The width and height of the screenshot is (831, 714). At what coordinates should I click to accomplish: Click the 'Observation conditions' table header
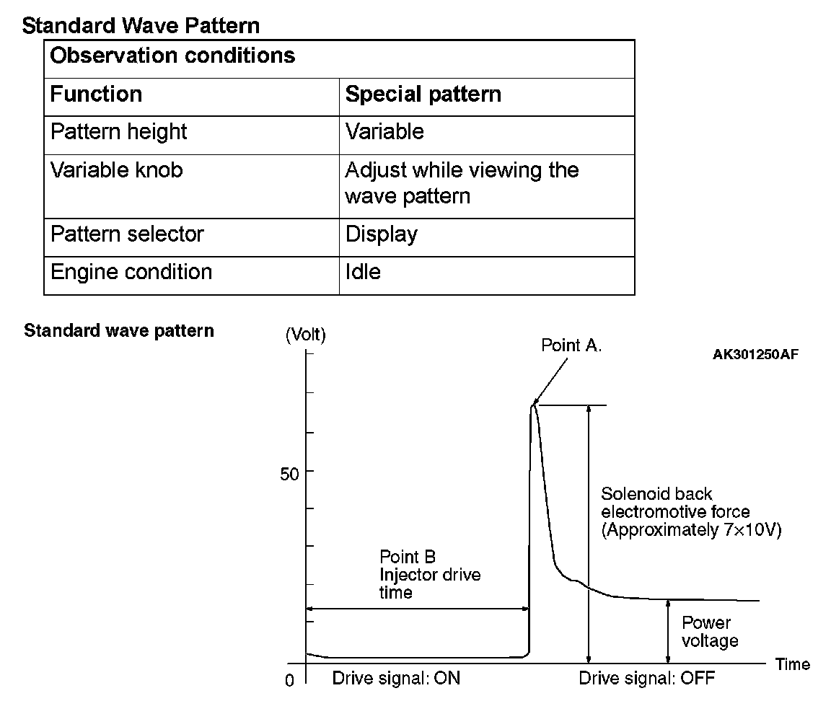pyautogui.click(x=173, y=56)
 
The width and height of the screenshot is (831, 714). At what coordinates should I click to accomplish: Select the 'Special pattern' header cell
pyautogui.click(x=423, y=94)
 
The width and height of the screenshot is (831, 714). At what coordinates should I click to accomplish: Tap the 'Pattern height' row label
pyautogui.click(x=118, y=132)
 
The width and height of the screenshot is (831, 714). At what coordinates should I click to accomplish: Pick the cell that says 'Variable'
pyautogui.click(x=384, y=132)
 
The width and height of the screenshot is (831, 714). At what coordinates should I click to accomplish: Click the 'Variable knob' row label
pyautogui.click(x=116, y=170)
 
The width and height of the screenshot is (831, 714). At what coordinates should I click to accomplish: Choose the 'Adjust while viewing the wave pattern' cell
pyautogui.click(x=462, y=183)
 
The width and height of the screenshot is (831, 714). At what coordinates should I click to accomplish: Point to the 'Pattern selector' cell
pyautogui.click(x=127, y=234)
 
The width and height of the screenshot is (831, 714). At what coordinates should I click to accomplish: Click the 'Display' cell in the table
pyautogui.click(x=382, y=234)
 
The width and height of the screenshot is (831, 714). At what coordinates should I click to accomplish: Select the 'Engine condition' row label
pyautogui.click(x=131, y=272)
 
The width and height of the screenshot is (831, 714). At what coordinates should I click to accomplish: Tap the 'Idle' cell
pyautogui.click(x=363, y=272)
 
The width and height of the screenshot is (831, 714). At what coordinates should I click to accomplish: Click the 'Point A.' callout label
pyautogui.click(x=571, y=345)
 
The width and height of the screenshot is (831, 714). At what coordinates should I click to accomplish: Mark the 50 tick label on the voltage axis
pyautogui.click(x=290, y=475)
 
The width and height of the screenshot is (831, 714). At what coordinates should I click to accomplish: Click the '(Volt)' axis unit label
pyautogui.click(x=306, y=335)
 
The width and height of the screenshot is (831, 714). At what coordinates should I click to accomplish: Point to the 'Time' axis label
pyautogui.click(x=793, y=664)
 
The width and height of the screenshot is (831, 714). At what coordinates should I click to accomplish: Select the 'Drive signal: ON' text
pyautogui.click(x=396, y=679)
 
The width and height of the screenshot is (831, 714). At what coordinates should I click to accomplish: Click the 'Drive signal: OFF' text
pyautogui.click(x=647, y=679)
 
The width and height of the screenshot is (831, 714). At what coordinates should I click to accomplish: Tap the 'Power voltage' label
pyautogui.click(x=710, y=632)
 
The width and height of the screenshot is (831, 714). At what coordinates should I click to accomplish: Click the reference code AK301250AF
pyautogui.click(x=755, y=354)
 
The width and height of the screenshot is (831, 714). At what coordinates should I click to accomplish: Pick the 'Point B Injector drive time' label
pyautogui.click(x=430, y=575)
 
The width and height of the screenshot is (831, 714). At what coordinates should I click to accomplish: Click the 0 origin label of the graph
pyautogui.click(x=290, y=681)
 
